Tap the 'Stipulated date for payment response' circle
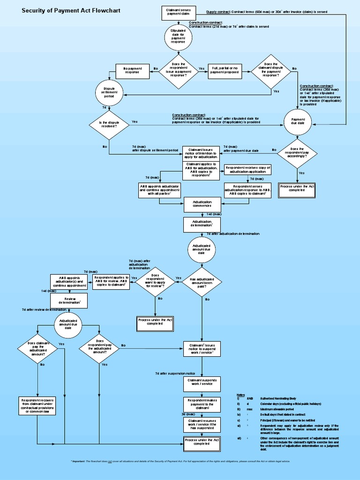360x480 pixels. [x=178, y=37]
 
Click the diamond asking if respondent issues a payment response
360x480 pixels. [x=178, y=69]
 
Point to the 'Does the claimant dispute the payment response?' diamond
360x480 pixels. [x=270, y=70]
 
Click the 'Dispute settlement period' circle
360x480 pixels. [x=109, y=92]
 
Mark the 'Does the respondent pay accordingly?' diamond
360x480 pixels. [x=298, y=152]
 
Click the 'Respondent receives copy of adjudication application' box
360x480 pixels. [x=247, y=170]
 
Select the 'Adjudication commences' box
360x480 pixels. [x=202, y=204]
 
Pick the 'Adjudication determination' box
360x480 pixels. [x=202, y=224]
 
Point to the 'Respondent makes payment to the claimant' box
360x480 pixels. [x=202, y=404]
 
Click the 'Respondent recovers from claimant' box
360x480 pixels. [x=37, y=405]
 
